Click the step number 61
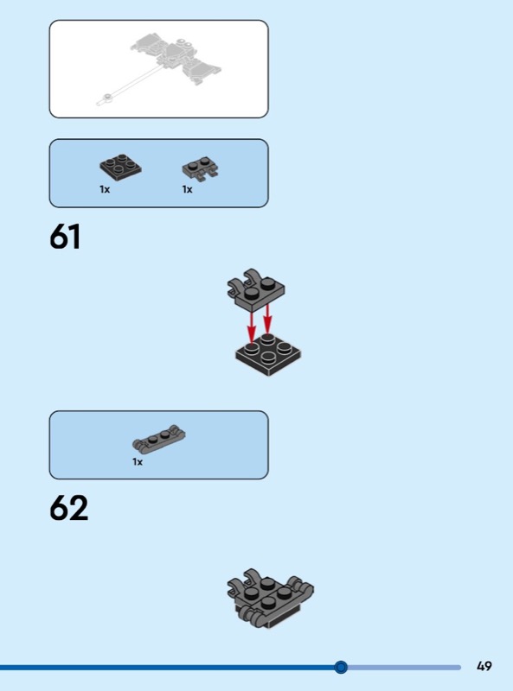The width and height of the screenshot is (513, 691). pyautogui.click(x=65, y=236)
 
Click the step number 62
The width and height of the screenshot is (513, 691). pyautogui.click(x=69, y=508)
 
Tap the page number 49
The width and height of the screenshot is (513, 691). pyautogui.click(x=484, y=666)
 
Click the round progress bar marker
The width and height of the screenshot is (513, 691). pyautogui.click(x=340, y=667)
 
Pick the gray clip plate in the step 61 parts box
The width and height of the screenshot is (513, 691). pyautogui.click(x=201, y=168)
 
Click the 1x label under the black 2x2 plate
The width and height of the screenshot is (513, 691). pyautogui.click(x=105, y=189)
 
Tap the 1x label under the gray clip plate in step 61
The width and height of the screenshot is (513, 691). pyautogui.click(x=187, y=189)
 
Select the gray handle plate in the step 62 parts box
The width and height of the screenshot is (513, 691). pyautogui.click(x=159, y=439)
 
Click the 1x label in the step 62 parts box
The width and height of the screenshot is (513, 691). pyautogui.click(x=138, y=462)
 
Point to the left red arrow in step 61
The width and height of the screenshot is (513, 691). pyautogui.click(x=252, y=327)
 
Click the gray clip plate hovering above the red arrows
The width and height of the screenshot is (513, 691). pyautogui.click(x=256, y=288)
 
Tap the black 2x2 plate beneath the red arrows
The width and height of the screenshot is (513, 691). pyautogui.click(x=268, y=355)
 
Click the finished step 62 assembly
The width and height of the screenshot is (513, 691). pyautogui.click(x=270, y=598)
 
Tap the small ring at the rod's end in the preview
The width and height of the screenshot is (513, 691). pyautogui.click(x=106, y=97)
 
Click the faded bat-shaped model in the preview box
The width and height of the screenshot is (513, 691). pyautogui.click(x=176, y=60)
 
